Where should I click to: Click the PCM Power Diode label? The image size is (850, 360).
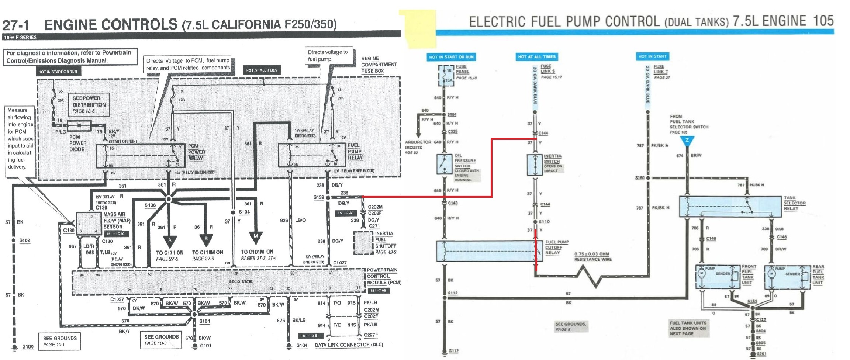(78, 143)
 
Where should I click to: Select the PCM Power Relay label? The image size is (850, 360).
(196, 152)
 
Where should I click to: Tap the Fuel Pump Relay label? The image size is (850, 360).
(355, 151)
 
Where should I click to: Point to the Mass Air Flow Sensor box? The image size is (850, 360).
(88, 224)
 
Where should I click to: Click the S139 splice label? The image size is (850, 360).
(318, 197)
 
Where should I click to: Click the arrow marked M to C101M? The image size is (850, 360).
(256, 235)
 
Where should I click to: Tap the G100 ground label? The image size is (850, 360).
(28, 347)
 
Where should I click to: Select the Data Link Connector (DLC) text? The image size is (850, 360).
(349, 345)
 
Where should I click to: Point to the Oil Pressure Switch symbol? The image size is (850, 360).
(444, 164)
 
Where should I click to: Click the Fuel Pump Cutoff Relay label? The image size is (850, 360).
(557, 247)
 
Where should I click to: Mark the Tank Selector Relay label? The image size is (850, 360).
(794, 203)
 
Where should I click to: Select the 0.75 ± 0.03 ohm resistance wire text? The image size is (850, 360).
(592, 257)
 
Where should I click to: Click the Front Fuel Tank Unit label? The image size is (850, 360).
(749, 274)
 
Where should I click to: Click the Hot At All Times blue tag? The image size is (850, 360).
(536, 57)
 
